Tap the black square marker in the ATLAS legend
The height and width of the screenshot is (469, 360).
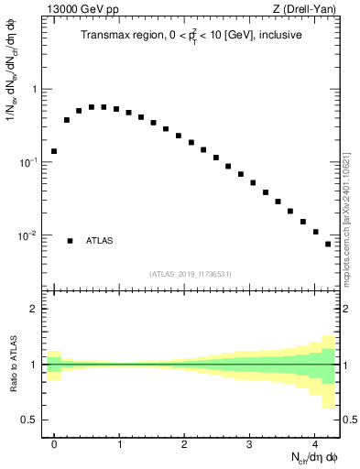pyautogui.click(x=70, y=241)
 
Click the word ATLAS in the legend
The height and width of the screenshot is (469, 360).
pyautogui.click(x=100, y=241)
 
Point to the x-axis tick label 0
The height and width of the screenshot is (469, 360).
pyautogui.click(x=54, y=444)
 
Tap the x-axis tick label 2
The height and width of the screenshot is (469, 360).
pyautogui.click(x=184, y=444)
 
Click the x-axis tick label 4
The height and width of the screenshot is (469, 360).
pyautogui.click(x=314, y=444)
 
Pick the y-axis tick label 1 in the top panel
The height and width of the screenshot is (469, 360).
pyautogui.click(x=34, y=90)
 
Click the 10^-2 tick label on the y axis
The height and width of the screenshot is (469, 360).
pyautogui.click(x=29, y=235)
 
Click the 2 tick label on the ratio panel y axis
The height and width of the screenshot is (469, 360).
pyautogui.click(x=34, y=309)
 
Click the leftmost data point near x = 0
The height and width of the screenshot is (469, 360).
pyautogui.click(x=54, y=151)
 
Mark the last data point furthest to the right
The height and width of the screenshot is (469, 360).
pyautogui.click(x=328, y=244)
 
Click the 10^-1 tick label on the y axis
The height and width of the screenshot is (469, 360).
pyautogui.click(x=29, y=162)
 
